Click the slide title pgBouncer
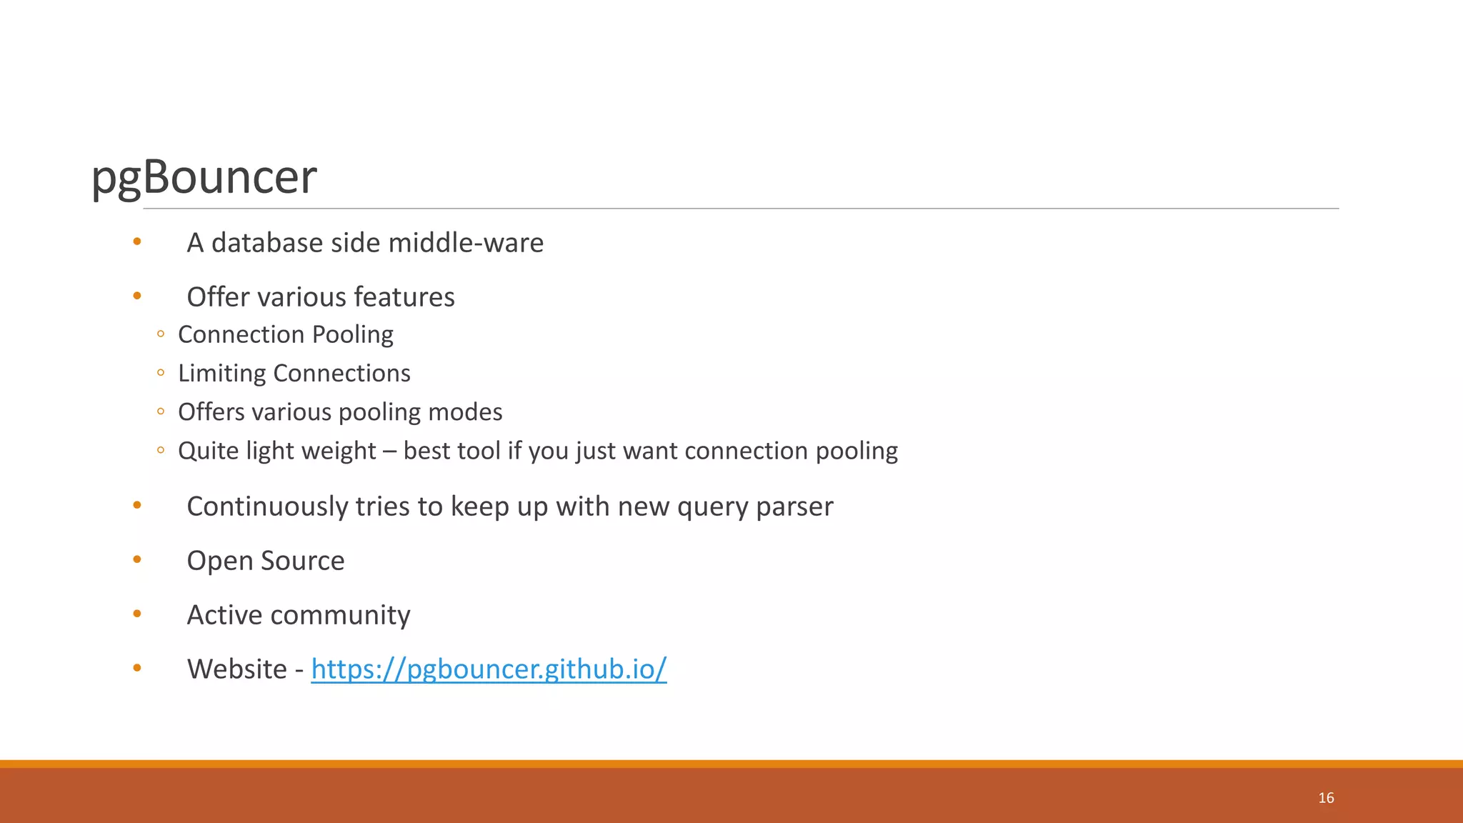[x=204, y=176]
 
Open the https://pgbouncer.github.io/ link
[x=489, y=669]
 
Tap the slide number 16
[x=1326, y=798]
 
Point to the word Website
[x=236, y=669]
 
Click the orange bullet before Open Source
[x=137, y=559]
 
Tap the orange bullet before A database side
[x=137, y=241]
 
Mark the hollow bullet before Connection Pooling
[x=161, y=334]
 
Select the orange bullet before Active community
[x=137, y=614]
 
